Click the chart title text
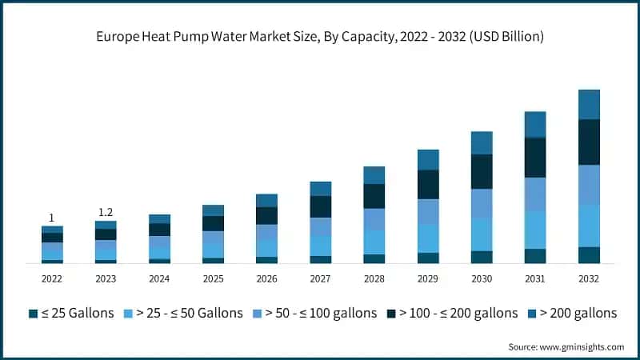tap(320, 35)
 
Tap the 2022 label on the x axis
tap(52, 278)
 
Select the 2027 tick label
tap(320, 278)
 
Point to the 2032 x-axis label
tap(589, 278)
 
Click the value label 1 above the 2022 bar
tap(52, 218)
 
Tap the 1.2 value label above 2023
tap(106, 212)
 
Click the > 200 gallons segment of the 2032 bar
tap(589, 105)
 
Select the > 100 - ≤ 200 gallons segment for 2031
tap(535, 158)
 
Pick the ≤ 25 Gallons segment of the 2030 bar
tap(482, 257)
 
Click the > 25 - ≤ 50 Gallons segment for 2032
tap(589, 226)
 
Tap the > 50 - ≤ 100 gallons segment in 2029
tap(428, 211)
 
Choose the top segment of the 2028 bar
tap(374, 175)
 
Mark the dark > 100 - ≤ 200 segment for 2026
tap(266, 215)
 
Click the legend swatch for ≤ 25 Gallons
tap(33, 313)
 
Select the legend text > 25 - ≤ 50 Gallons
tap(189, 313)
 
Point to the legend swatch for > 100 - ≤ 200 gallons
tap(391, 313)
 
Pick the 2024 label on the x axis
tap(159, 278)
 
